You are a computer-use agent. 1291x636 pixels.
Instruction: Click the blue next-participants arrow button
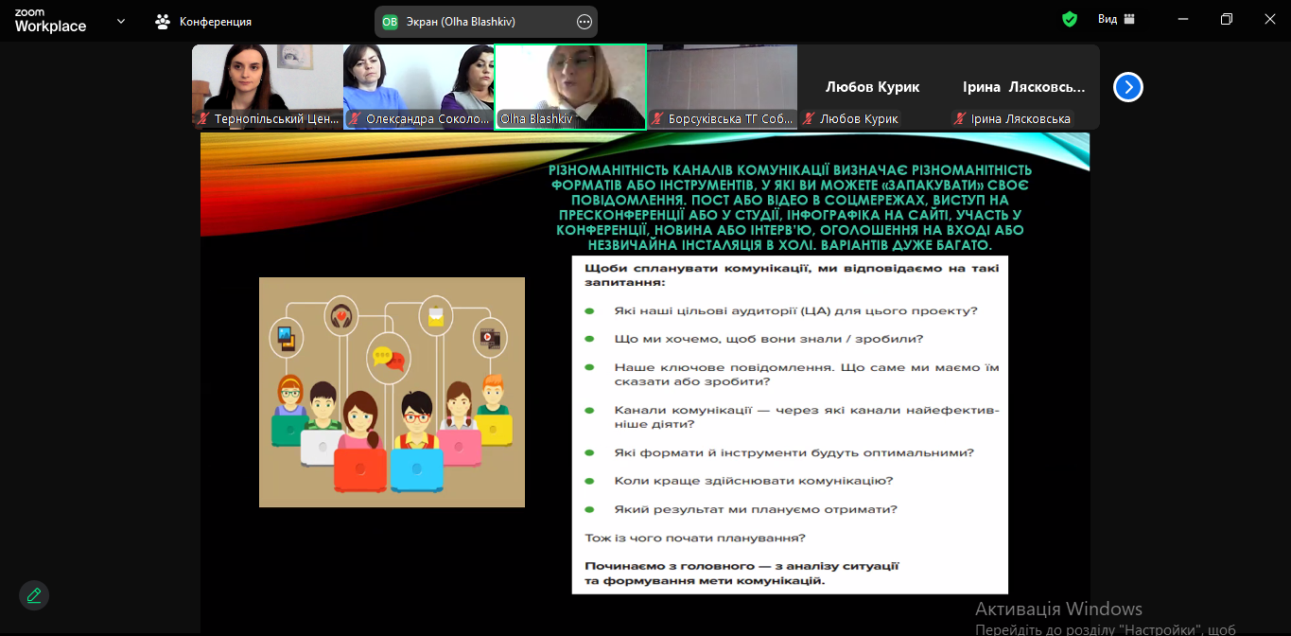[1128, 87]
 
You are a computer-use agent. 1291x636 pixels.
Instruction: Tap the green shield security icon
[1070, 20]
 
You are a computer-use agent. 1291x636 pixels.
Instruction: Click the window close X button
[1269, 19]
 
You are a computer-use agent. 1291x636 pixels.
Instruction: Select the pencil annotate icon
[34, 595]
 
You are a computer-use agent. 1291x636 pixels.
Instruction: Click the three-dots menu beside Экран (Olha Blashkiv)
[584, 22]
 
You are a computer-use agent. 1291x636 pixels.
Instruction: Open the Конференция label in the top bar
[216, 22]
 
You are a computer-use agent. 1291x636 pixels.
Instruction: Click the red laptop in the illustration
[360, 470]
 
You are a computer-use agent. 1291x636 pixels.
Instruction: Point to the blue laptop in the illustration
[417, 470]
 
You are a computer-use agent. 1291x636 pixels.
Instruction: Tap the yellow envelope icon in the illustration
[436, 316]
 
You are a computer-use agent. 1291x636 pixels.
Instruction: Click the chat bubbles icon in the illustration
[389, 358]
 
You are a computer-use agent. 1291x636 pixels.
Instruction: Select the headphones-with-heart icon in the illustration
[341, 316]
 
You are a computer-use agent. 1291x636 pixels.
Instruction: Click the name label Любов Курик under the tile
[859, 119]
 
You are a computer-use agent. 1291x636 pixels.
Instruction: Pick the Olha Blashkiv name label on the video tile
[536, 119]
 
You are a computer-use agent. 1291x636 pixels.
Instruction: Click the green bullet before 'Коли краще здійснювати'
[589, 481]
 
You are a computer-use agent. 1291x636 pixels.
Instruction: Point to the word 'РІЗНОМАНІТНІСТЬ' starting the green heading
[609, 170]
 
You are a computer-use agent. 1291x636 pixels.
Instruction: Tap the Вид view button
[1116, 19]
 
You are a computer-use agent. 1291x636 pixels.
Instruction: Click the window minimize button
[1183, 19]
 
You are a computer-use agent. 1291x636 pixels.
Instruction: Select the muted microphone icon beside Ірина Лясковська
[960, 119]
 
